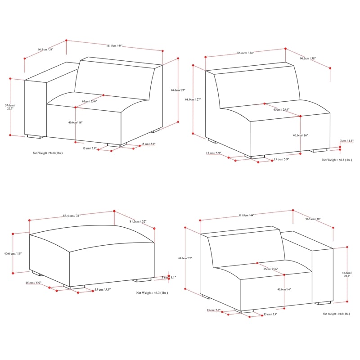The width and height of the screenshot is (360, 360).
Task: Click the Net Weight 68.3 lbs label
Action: coord(337,160)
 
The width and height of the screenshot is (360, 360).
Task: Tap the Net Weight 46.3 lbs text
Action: coord(152,292)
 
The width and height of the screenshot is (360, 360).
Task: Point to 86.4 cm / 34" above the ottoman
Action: coord(72,216)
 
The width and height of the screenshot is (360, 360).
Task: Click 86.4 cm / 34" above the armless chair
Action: coord(245,53)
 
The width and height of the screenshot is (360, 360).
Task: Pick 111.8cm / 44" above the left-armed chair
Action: coord(114,45)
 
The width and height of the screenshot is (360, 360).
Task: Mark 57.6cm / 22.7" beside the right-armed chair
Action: coord(346,274)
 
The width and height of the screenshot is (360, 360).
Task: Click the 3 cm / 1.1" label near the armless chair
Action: coord(346,141)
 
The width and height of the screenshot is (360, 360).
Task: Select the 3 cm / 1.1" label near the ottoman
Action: coord(171,278)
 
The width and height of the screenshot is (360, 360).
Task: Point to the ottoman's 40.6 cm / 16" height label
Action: coord(13,253)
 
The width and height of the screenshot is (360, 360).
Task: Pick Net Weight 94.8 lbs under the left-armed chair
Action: coord(48,153)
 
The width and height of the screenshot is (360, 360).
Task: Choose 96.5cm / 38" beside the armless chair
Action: coord(308,58)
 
